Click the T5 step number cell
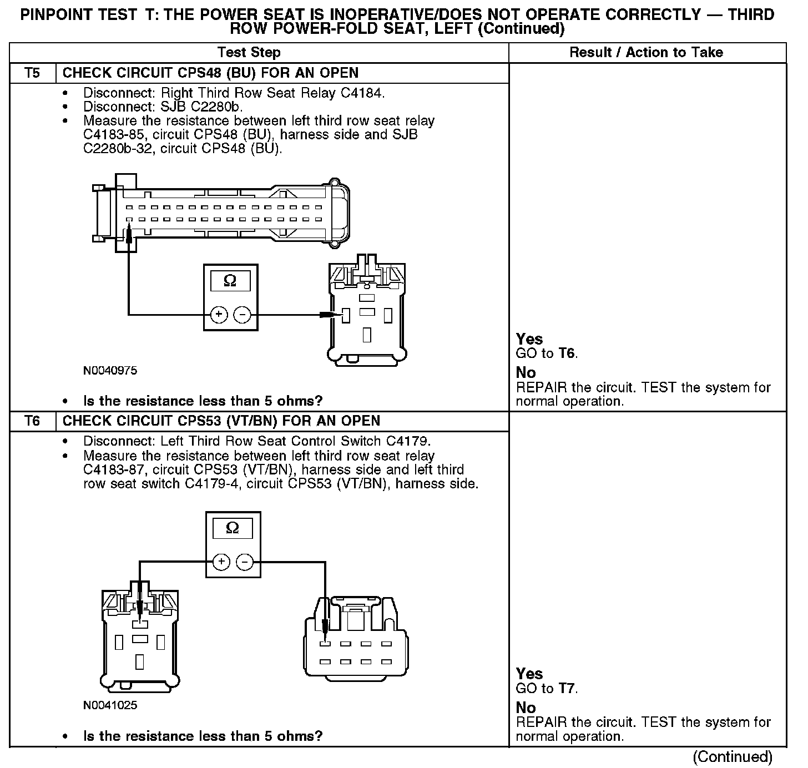click(x=33, y=73)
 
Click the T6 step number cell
click(x=33, y=421)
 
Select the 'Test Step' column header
click(x=249, y=53)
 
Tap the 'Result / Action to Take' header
click(x=646, y=53)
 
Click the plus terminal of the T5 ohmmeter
click(x=219, y=315)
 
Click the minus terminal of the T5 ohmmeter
click(x=242, y=315)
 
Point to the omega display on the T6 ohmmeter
click(x=233, y=528)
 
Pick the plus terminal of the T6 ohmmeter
click(x=221, y=562)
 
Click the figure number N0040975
click(x=110, y=370)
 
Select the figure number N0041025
click(x=110, y=705)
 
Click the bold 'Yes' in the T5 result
click(x=529, y=339)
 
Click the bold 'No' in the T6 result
click(x=526, y=708)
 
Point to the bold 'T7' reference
click(x=567, y=689)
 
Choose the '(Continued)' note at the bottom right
click(x=732, y=756)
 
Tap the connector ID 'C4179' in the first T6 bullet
click(x=407, y=441)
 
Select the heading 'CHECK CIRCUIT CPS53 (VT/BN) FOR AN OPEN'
click(x=221, y=421)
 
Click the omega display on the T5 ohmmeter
click(x=230, y=281)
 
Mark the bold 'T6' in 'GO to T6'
click(x=567, y=353)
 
